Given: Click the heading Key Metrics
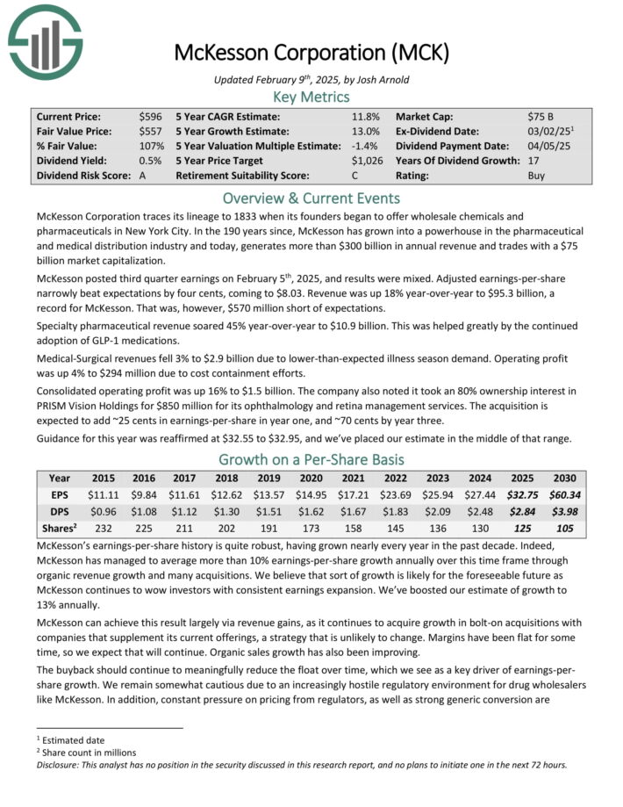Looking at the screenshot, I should pyautogui.click(x=311, y=97).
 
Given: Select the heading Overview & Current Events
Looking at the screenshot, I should pyautogui.click(x=311, y=198).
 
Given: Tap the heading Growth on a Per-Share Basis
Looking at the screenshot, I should pyautogui.click(x=311, y=459).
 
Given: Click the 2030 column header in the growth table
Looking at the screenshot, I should pyautogui.click(x=564, y=479).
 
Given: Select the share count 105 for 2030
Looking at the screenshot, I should pyautogui.click(x=564, y=526).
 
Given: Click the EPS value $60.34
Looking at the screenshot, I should pyautogui.click(x=564, y=494).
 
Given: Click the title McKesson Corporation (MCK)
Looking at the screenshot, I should pyautogui.click(x=311, y=53).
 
